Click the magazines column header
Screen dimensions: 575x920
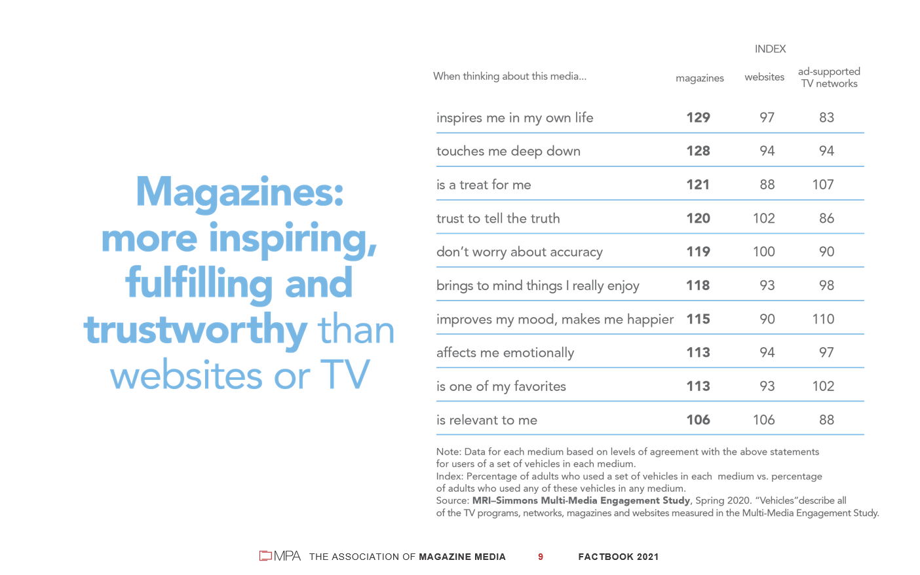(700, 78)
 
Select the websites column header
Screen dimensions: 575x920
(764, 77)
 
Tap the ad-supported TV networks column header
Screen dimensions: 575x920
(829, 77)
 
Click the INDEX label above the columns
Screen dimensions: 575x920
(770, 49)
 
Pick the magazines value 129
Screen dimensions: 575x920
(698, 118)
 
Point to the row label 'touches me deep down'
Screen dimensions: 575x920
(508, 151)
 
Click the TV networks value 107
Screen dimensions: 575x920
(823, 185)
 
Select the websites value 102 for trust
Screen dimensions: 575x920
(763, 219)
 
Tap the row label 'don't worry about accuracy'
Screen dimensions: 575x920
(520, 252)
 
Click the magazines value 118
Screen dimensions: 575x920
(698, 286)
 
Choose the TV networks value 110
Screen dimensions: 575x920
(823, 319)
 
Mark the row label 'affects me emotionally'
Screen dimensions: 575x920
(505, 353)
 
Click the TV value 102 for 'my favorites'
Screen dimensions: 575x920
(823, 386)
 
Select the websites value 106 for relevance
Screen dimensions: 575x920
(763, 420)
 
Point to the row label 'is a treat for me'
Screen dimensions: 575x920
(484, 185)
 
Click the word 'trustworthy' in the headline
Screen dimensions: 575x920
(195, 330)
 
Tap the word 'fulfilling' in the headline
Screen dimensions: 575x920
(199, 284)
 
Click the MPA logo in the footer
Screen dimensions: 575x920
(280, 556)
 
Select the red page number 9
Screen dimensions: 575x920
(541, 557)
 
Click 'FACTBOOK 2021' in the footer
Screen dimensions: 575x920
(618, 557)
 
